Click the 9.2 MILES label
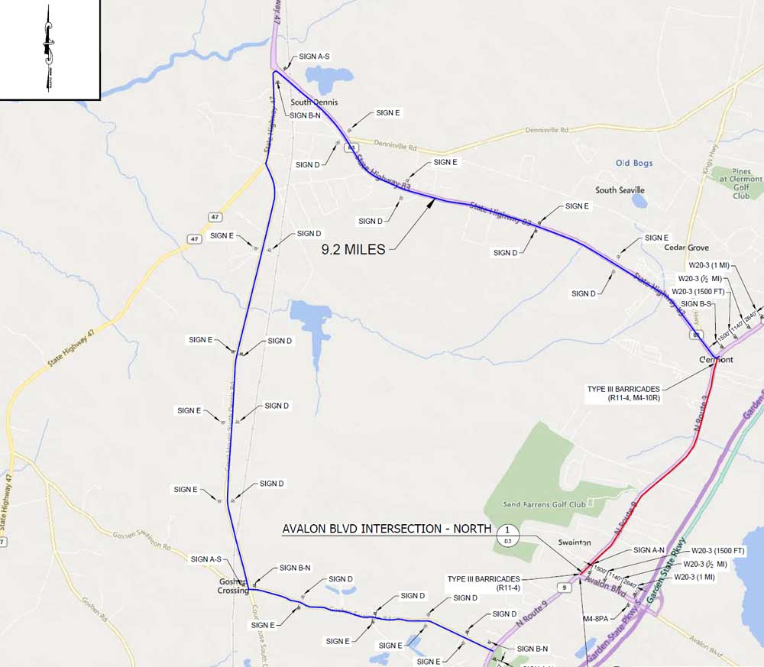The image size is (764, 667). pos(353,248)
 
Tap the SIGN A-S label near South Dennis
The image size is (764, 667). pos(314,57)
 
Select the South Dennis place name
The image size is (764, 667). pos(313,102)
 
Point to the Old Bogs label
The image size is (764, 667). pos(634,163)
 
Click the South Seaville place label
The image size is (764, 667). pos(620,190)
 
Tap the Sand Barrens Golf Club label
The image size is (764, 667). pos(545,504)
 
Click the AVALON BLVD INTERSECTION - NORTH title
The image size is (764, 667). pos(387,529)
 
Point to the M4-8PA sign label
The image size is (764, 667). pos(597,617)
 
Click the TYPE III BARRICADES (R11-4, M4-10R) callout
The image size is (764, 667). pos(623,393)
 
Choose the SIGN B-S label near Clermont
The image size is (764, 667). pos(697,304)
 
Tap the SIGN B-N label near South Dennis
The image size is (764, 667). pos(308,115)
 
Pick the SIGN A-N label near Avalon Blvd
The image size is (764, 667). pos(652,550)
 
